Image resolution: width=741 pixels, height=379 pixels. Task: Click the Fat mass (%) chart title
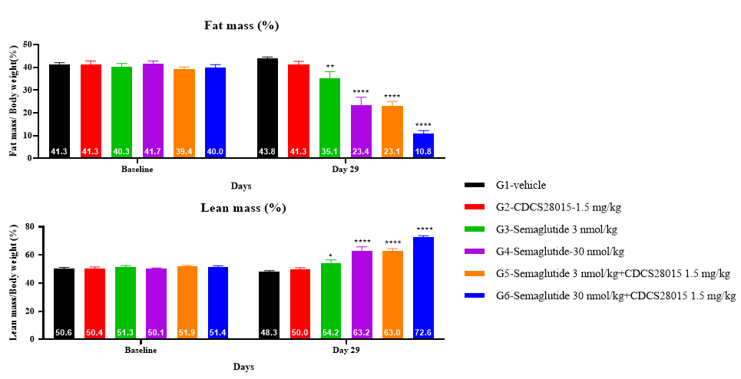(241, 25)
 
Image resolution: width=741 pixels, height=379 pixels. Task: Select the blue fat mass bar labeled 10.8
(423, 146)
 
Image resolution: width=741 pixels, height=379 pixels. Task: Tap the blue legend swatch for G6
(474, 295)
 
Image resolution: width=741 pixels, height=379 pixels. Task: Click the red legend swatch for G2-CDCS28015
(474, 207)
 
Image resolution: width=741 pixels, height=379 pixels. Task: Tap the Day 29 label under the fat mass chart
(346, 169)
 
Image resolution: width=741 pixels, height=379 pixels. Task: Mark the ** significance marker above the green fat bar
(330, 66)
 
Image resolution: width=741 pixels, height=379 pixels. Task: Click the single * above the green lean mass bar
(330, 256)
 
